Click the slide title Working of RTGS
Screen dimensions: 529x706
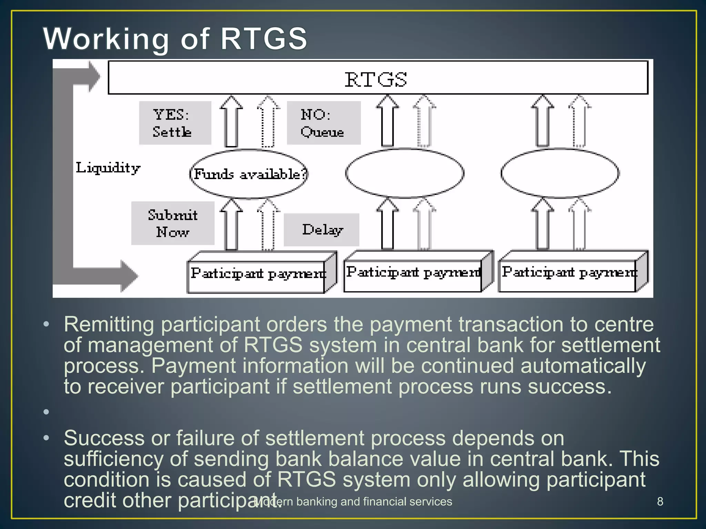(175, 39)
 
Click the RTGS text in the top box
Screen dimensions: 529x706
(376, 80)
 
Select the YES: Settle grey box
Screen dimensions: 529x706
(175, 123)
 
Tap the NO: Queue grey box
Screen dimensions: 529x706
(323, 123)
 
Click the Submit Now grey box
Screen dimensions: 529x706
(173, 223)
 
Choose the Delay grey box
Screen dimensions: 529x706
(321, 230)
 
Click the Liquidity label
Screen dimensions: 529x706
(108, 168)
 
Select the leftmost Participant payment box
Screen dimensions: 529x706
(257, 274)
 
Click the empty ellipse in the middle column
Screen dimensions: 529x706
(404, 173)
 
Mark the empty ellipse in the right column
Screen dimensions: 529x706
(559, 173)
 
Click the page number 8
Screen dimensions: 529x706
(660, 501)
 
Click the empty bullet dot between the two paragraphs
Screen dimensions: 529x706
(46, 412)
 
